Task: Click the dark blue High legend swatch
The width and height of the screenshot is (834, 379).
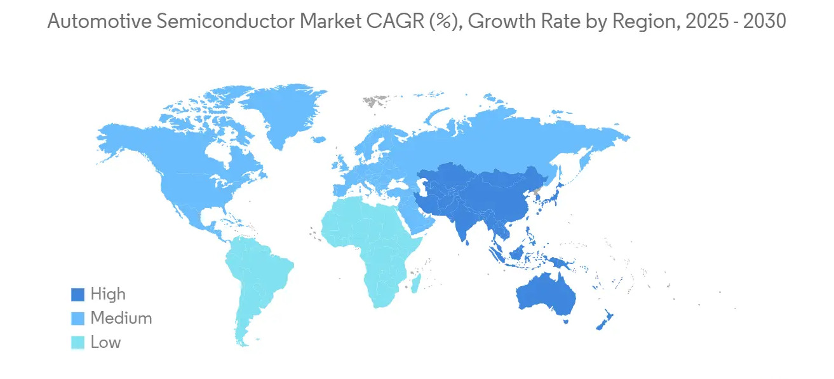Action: point(77,294)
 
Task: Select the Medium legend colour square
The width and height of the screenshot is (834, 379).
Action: point(77,318)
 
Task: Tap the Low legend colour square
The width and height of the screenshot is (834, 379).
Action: point(77,342)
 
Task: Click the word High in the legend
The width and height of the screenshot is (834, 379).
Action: point(108,294)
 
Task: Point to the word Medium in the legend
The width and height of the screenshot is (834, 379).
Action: point(121,318)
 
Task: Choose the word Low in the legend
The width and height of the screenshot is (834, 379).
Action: point(105,342)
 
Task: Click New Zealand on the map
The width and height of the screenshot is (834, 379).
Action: point(603,320)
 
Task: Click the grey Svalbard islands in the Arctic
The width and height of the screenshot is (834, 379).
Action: point(375,100)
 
